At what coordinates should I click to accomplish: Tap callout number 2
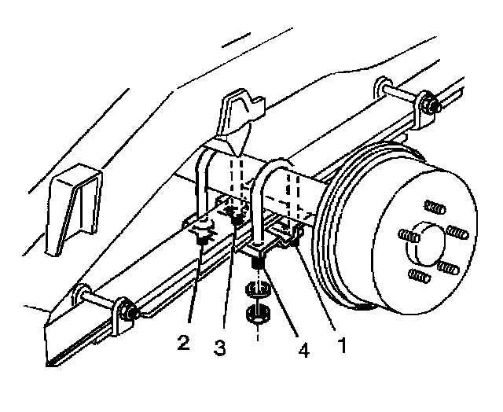point(183,342)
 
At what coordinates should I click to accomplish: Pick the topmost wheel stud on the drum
point(435,207)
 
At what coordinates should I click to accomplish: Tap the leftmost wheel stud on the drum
point(406,236)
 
